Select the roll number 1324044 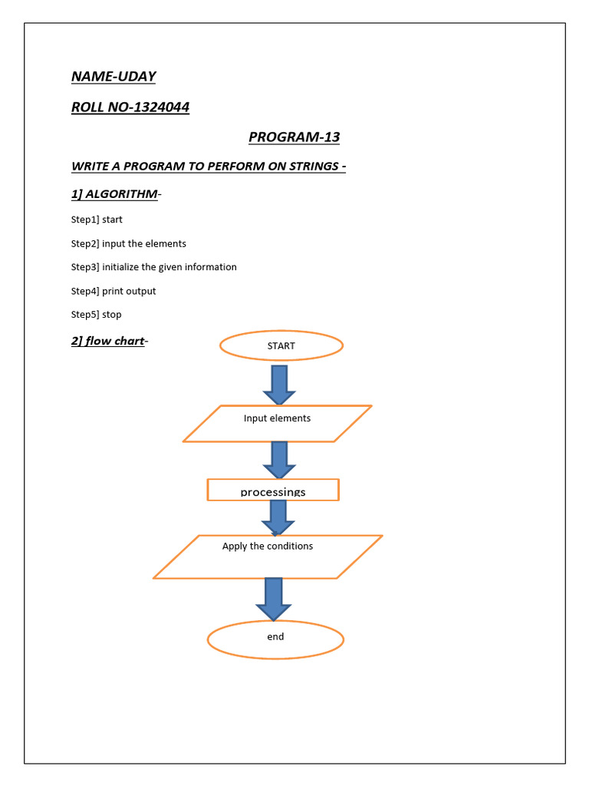161,107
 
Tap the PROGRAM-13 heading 294,137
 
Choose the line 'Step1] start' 97,220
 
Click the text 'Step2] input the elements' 129,243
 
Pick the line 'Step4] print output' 114,291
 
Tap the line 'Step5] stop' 97,315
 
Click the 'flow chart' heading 114,341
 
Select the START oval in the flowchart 281,346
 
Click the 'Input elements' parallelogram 277,423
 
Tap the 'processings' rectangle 273,490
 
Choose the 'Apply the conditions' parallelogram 268,556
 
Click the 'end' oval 275,639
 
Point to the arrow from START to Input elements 279,384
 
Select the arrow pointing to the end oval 274,598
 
